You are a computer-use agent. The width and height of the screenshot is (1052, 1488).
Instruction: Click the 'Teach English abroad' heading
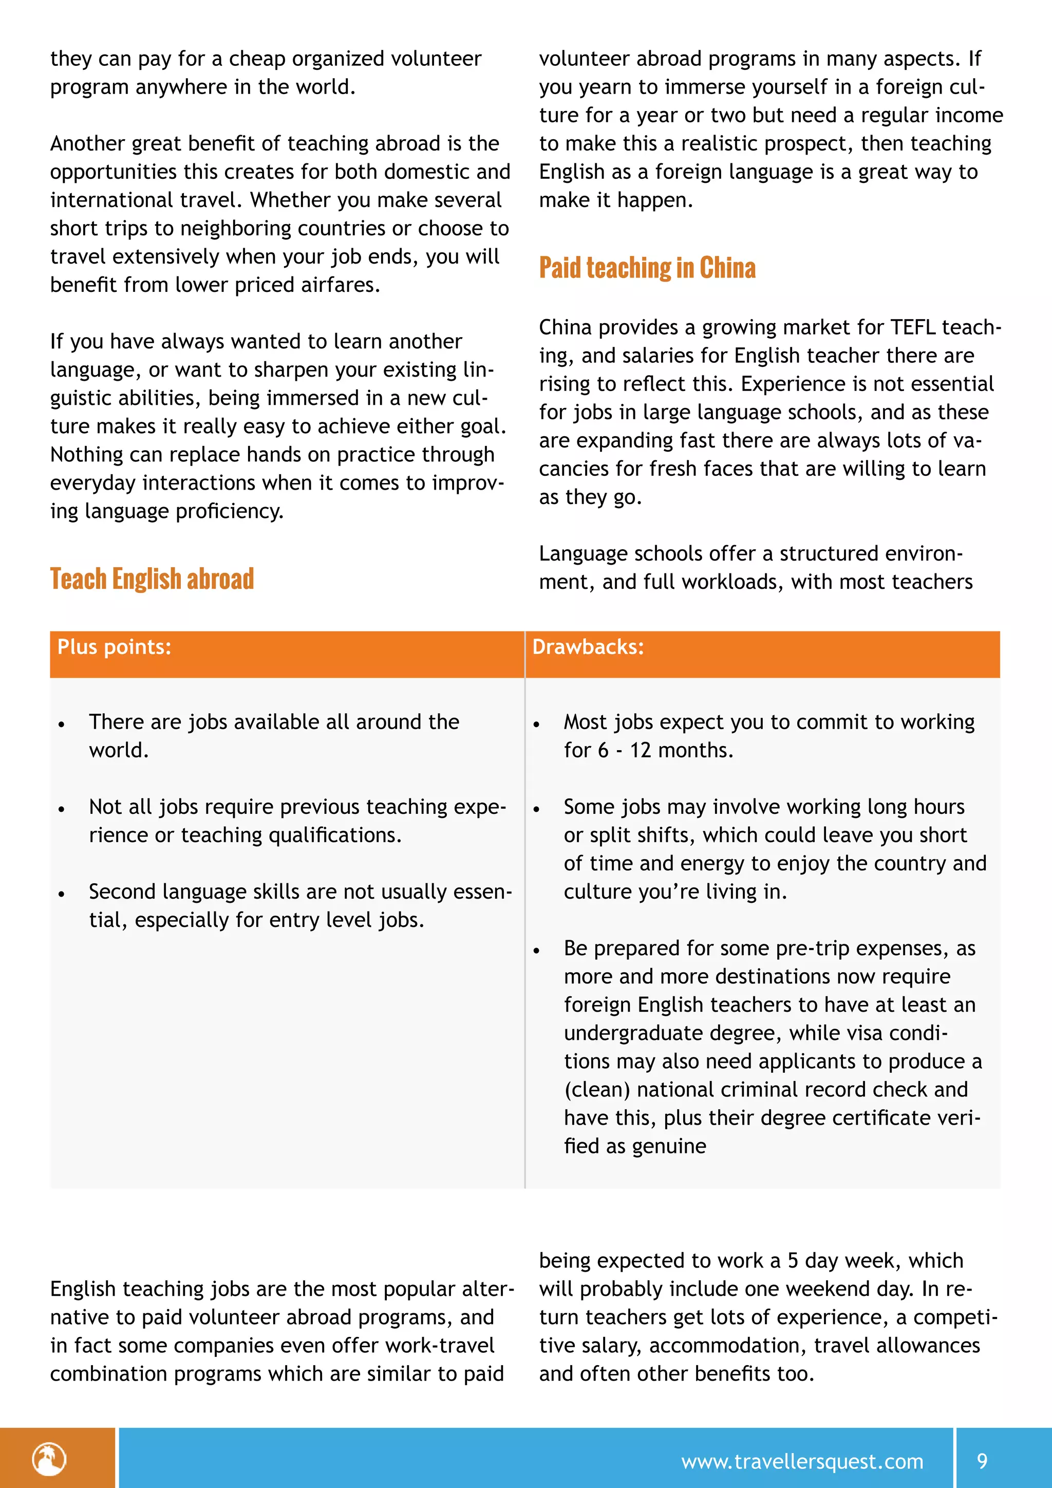point(152,579)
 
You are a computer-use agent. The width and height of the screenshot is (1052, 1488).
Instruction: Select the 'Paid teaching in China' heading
point(647,268)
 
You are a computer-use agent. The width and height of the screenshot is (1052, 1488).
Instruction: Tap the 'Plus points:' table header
point(114,647)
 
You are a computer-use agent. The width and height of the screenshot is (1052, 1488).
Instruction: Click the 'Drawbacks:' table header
point(588,647)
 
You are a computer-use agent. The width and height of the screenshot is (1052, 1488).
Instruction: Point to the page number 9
point(982,1461)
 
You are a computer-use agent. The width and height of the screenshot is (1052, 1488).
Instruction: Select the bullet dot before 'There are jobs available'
point(62,724)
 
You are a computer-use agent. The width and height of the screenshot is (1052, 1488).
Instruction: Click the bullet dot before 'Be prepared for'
point(536,951)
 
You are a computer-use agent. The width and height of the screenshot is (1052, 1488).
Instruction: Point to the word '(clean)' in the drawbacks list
point(596,1089)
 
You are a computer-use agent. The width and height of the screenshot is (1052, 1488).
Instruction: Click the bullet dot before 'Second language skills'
point(62,895)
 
